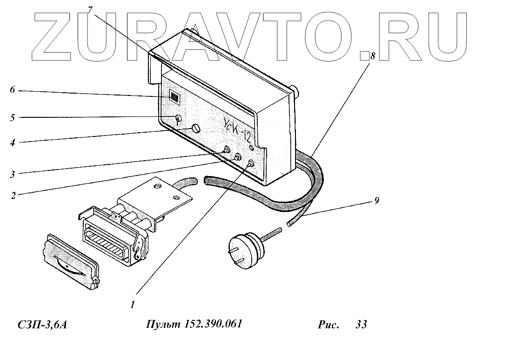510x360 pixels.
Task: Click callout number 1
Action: click(x=133, y=305)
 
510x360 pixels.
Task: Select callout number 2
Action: click(x=13, y=196)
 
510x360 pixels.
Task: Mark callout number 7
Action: click(x=89, y=10)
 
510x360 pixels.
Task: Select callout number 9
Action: click(x=376, y=201)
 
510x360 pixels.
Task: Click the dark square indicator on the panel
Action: click(x=174, y=97)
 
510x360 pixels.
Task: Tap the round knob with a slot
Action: click(x=196, y=128)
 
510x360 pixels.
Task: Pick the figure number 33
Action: click(x=361, y=325)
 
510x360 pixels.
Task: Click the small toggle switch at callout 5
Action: click(x=178, y=119)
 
